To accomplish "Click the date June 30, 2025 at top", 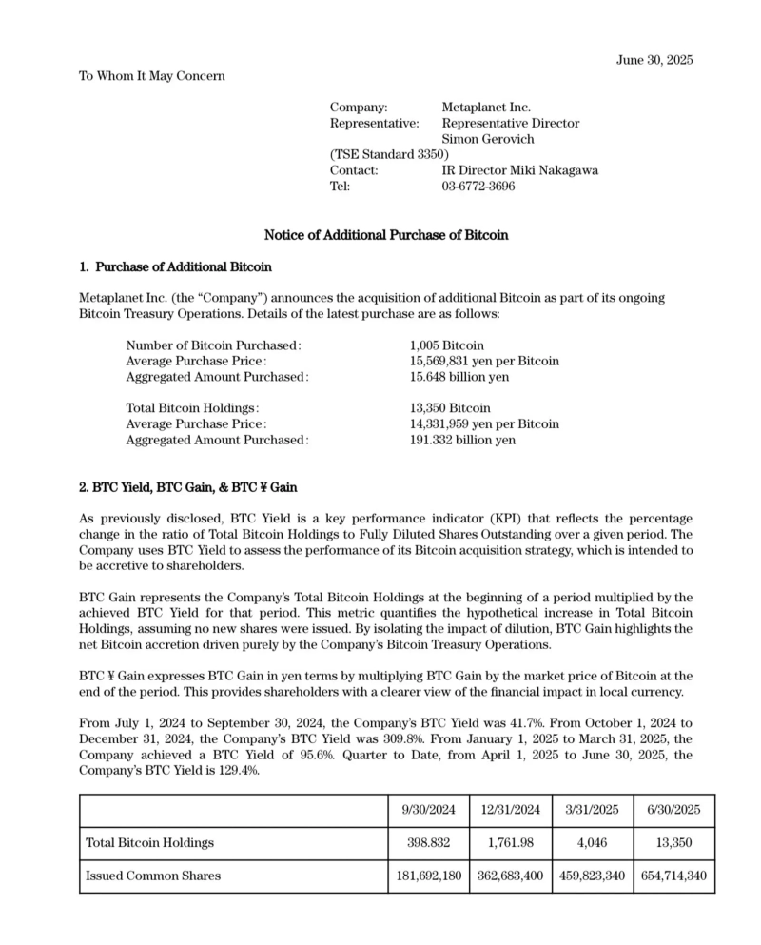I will coord(654,60).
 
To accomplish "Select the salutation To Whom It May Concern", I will coord(152,75).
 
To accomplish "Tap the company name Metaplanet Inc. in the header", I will coord(486,108).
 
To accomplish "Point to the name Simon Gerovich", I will coord(488,139).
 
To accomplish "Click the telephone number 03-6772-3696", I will coord(478,186).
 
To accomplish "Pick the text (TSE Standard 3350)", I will coord(389,154).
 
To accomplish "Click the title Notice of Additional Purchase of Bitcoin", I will coord(386,234).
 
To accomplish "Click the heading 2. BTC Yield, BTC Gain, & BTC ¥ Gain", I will coord(187,487).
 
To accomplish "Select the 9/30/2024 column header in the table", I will coord(429,810).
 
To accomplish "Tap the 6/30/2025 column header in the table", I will coord(673,810).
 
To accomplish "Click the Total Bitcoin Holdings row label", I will coord(149,842).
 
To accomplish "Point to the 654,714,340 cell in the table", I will coord(673,876).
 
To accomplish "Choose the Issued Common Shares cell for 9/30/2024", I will coord(429,876).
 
